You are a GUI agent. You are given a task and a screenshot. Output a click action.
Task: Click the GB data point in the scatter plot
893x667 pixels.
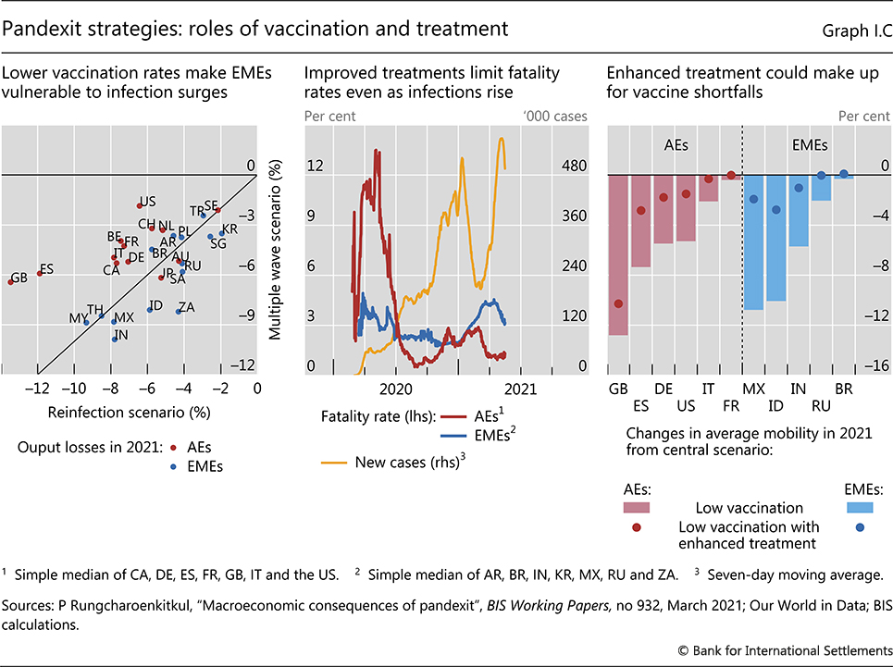9,281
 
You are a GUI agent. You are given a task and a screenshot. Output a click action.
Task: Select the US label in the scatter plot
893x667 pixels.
147,201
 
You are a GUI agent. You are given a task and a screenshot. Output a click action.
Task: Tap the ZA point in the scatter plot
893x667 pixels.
178,312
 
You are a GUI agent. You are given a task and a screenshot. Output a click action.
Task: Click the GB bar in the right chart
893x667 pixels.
618,254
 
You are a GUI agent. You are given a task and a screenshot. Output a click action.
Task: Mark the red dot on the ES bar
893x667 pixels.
640,211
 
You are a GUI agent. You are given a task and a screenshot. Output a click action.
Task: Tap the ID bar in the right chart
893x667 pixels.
775,238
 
